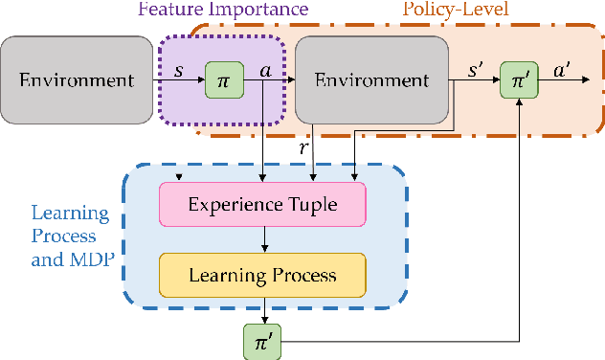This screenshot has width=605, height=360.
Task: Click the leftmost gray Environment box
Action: pos(76,79)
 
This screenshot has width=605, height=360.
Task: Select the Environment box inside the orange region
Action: pos(371,79)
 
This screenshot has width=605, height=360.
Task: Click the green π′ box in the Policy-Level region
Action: pos(518,79)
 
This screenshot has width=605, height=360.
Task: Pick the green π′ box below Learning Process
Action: pos(262,340)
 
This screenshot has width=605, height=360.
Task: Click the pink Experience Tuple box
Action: pos(262,205)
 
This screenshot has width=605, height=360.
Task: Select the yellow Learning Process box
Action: pos(262,275)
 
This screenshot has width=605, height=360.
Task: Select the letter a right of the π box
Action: pos(265,72)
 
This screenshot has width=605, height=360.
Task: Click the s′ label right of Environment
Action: pos(473,72)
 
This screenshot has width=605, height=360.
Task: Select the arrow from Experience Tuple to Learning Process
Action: pos(262,239)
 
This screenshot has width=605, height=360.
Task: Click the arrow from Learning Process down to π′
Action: pos(262,309)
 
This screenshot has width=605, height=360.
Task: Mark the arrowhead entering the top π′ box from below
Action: pos(518,102)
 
